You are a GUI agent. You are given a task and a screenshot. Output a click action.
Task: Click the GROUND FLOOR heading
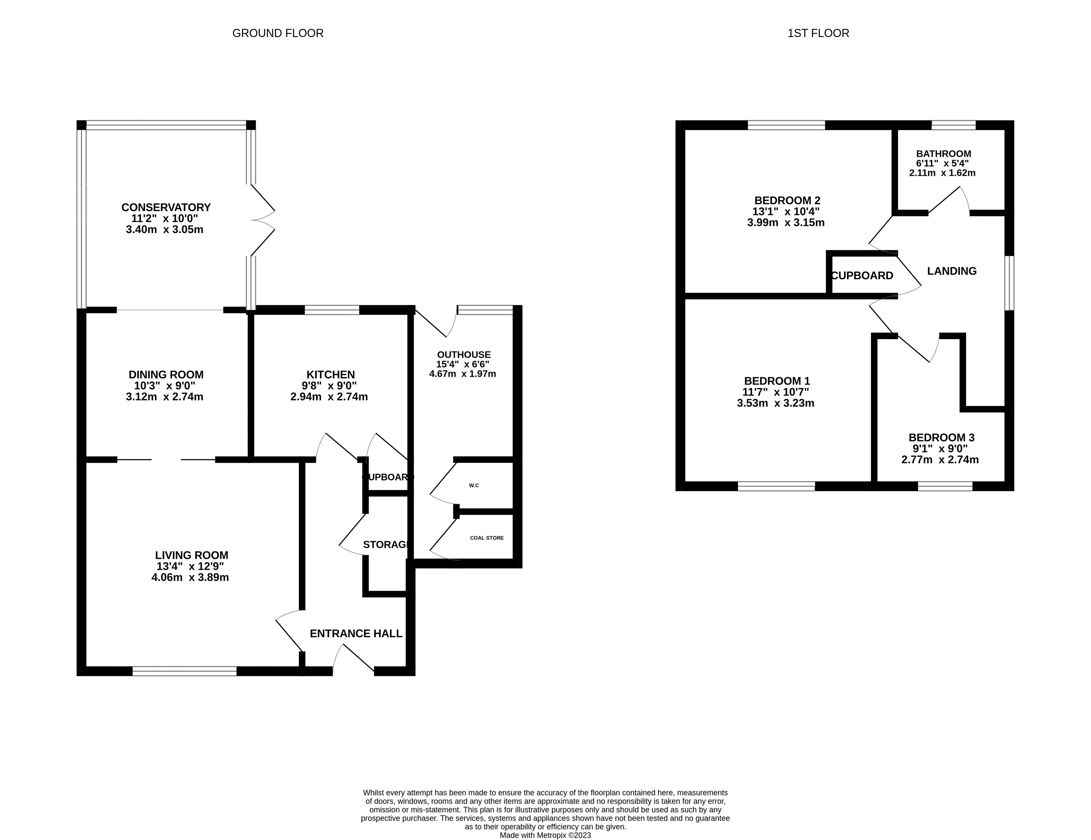point(278,33)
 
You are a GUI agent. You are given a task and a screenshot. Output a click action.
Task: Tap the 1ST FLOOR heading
point(818,33)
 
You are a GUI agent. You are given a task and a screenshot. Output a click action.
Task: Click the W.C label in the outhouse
point(473,485)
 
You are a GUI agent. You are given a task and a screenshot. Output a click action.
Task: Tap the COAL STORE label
point(487,538)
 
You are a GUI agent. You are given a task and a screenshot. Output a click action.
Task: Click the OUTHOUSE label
point(464,354)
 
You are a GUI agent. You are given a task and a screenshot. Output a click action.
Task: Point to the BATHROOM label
point(943,153)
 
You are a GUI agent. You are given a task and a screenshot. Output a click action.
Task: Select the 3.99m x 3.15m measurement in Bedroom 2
point(785,222)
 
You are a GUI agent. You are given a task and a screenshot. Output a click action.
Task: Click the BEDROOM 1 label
point(777,381)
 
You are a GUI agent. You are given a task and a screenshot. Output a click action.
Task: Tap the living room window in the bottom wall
point(184,671)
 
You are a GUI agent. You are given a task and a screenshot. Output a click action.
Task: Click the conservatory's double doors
point(262,220)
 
